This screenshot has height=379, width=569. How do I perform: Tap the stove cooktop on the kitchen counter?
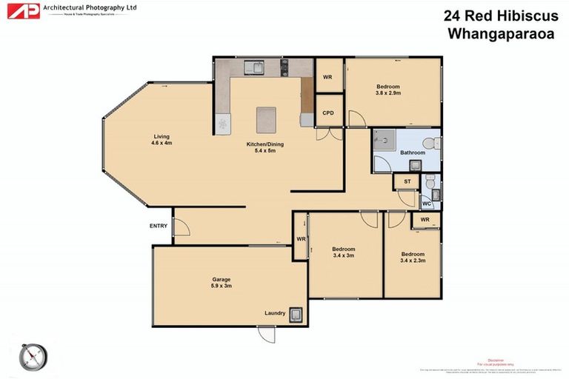pyautogui.click(x=283, y=68)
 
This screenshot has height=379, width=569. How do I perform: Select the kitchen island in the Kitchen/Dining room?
pyautogui.click(x=266, y=118)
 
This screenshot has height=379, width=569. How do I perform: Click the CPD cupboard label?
pyautogui.click(x=328, y=113)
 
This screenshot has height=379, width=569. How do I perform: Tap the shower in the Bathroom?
pyautogui.click(x=385, y=141)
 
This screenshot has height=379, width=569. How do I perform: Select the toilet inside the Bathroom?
pyautogui.click(x=427, y=142)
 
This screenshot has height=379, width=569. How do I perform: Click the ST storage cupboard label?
pyautogui.click(x=407, y=181)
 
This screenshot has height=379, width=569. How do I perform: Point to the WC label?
pyautogui.click(x=426, y=203)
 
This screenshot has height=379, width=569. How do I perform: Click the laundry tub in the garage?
pyautogui.click(x=296, y=315)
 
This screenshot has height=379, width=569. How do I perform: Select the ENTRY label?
pyautogui.click(x=159, y=227)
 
